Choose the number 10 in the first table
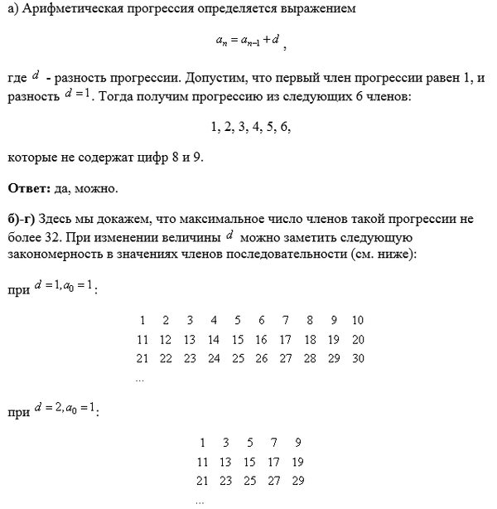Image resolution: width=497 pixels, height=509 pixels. tap(357, 320)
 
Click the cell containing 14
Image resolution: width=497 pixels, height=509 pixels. tap(214, 339)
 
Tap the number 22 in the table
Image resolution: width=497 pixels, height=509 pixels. tap(166, 358)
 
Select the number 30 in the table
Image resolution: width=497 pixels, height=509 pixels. tap(357, 358)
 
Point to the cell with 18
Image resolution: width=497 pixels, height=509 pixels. tap(310, 339)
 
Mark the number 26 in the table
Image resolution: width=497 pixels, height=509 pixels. tap(262, 358)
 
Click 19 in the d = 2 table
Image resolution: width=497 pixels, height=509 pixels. tap(298, 462)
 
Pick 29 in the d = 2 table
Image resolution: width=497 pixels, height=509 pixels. tap(298, 481)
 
